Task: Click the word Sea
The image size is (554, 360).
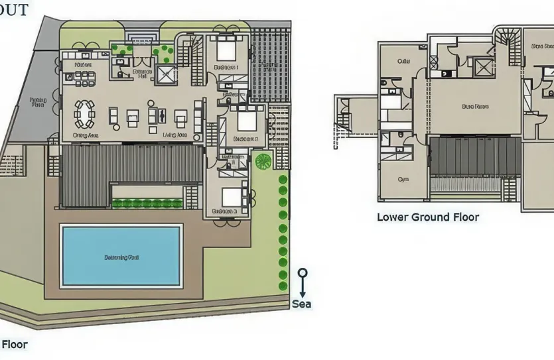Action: [x=302, y=304]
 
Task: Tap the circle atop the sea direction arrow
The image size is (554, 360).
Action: [x=303, y=272]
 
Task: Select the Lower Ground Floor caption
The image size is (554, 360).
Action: [x=428, y=217]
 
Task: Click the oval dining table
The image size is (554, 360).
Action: [x=84, y=113]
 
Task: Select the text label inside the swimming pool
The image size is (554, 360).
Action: [x=121, y=256]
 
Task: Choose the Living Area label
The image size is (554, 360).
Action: [x=176, y=135]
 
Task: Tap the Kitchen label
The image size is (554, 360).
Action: [x=83, y=65]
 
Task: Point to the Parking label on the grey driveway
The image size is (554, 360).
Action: [x=38, y=102]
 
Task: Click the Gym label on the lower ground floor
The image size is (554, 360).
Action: [x=403, y=179]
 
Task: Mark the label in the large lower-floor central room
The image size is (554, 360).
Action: [x=475, y=106]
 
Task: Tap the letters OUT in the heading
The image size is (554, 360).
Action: [x=14, y=10]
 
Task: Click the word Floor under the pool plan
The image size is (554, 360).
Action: [x=14, y=345]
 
